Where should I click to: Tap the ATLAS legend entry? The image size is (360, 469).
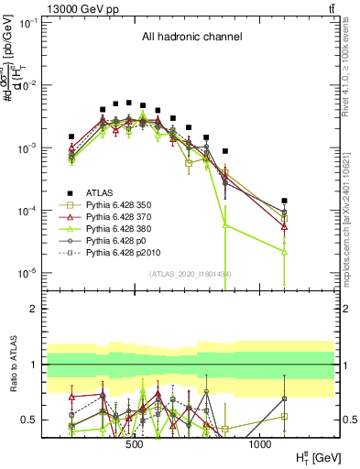coord(101,191)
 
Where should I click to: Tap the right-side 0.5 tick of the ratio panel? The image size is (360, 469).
coord(346,420)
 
